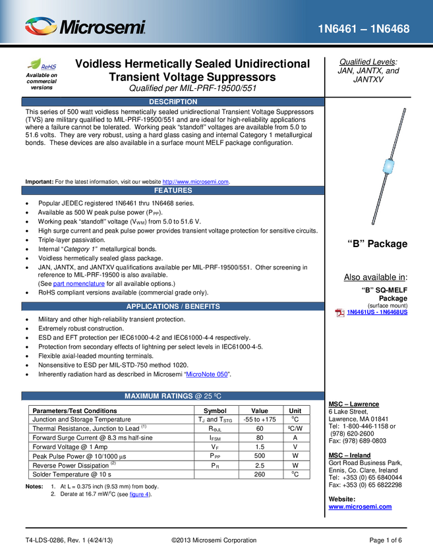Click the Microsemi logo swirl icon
(41, 26)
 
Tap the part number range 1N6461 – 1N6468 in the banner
(364, 28)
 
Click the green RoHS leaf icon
(35, 64)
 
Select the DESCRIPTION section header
(173, 101)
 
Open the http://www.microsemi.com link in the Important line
(196, 182)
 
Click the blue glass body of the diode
(388, 166)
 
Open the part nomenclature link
(79, 284)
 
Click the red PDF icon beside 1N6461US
(339, 313)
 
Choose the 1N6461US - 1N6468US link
(377, 312)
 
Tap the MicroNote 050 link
(207, 374)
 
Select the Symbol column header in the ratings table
(215, 410)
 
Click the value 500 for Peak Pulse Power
(260, 456)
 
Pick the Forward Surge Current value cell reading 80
(260, 437)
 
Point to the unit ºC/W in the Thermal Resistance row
(295, 429)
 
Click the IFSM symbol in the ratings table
(215, 438)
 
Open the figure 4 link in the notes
(139, 494)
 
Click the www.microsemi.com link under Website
(360, 507)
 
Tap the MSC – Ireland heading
(349, 455)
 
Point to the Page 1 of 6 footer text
(386, 540)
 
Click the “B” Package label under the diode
(378, 244)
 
